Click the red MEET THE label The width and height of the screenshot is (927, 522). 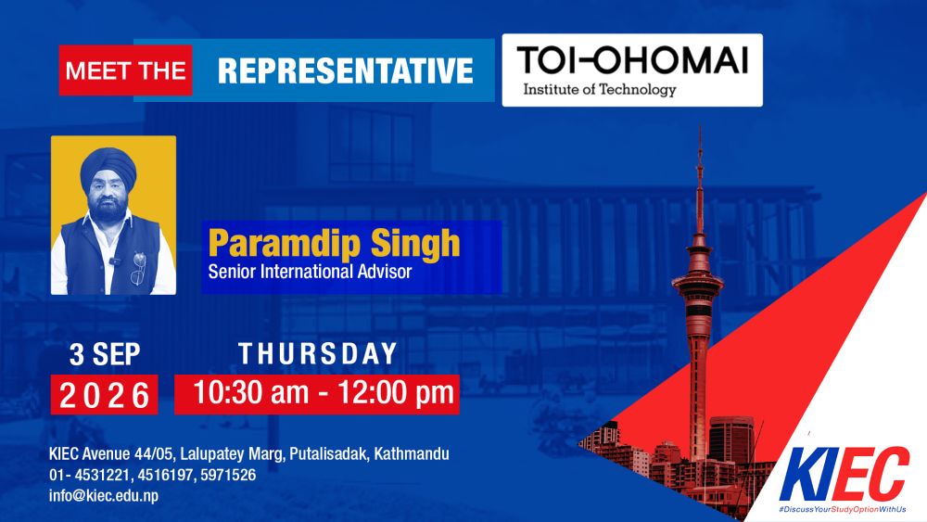click(x=125, y=70)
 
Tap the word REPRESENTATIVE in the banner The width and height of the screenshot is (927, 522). click(x=345, y=71)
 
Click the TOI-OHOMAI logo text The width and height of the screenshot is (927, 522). click(x=632, y=60)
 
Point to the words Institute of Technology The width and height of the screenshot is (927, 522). click(x=600, y=89)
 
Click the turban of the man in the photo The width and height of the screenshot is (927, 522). click(x=108, y=167)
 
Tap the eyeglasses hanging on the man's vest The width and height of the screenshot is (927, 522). click(x=138, y=267)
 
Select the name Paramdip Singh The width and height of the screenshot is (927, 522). click(x=334, y=243)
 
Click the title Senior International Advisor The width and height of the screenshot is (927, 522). click(x=310, y=272)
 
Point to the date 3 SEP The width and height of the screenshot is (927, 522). click(x=105, y=354)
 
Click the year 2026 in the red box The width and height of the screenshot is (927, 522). click(x=105, y=396)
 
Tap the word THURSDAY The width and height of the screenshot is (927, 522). click(x=317, y=353)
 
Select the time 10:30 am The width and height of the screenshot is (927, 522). click(x=251, y=392)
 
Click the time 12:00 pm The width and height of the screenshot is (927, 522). click(x=396, y=392)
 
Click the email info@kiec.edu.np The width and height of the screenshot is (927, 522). click(x=104, y=495)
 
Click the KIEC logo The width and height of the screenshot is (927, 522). click(x=844, y=474)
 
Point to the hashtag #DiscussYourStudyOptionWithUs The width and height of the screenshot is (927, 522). click(x=843, y=510)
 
